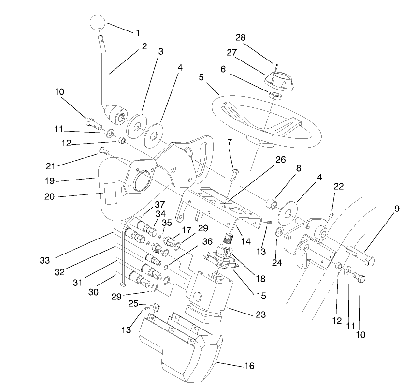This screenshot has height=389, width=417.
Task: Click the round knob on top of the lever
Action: point(98,22)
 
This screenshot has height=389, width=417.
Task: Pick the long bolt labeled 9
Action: point(360,256)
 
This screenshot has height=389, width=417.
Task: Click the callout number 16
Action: point(249,366)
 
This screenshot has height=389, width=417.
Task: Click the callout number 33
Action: point(45,260)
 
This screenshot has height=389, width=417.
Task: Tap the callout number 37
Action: point(159,204)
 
